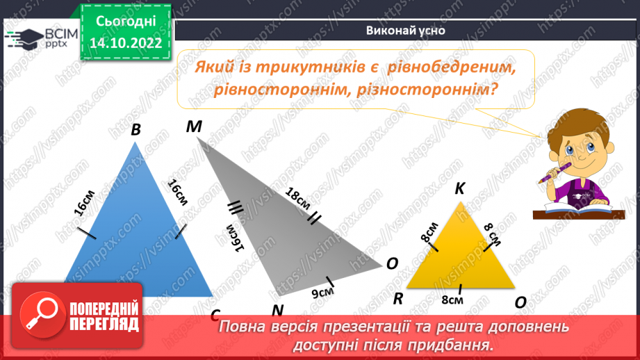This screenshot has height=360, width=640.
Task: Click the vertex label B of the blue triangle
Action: pos(136,129)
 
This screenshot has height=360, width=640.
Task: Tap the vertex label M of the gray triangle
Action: pos(194,126)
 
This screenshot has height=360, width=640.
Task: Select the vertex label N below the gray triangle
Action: pos(278,309)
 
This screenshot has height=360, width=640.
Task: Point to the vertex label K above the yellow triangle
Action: pos(460,189)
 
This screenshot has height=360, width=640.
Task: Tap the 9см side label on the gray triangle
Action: pos(322,293)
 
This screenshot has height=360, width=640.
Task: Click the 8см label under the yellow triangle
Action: pos(452,301)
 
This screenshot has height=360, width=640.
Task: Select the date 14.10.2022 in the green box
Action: pos(126,42)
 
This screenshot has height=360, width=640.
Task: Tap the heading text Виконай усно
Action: pos(405,31)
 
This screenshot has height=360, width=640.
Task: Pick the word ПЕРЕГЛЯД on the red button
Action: pos(104,323)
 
